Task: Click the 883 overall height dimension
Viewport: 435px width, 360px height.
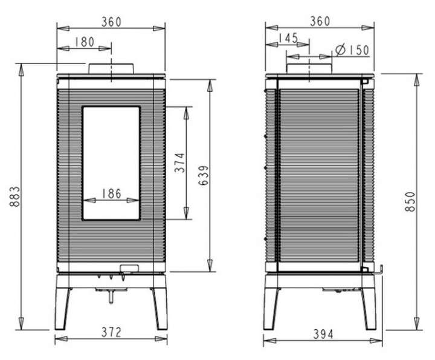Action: pyautogui.click(x=14, y=196)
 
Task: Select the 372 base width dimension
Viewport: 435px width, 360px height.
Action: pyautogui.click(x=111, y=332)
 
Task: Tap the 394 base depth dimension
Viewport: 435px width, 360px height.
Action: pyautogui.click(x=323, y=334)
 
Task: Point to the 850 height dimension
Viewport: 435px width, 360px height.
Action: pyautogui.click(x=410, y=202)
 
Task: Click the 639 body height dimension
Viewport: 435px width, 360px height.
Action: pyautogui.click(x=204, y=175)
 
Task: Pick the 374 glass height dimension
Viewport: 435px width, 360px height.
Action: pyautogui.click(x=179, y=162)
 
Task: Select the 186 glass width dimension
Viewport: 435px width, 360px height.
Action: pyautogui.click(x=112, y=194)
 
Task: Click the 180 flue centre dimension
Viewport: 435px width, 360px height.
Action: pyautogui.click(x=85, y=42)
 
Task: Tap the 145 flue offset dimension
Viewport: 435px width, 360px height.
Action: pyautogui.click(x=288, y=38)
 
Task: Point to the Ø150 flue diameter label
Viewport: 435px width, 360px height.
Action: pyautogui.click(x=352, y=50)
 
